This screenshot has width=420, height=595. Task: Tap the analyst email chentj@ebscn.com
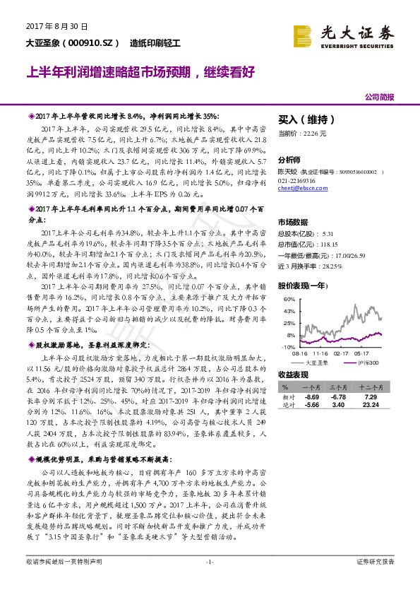301,189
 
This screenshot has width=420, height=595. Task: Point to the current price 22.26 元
302,133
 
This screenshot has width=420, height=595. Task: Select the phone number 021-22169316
297,181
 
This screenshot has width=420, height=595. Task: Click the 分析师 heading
289,160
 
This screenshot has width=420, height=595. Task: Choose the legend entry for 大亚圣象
316,362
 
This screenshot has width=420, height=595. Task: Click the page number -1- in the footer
209,580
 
